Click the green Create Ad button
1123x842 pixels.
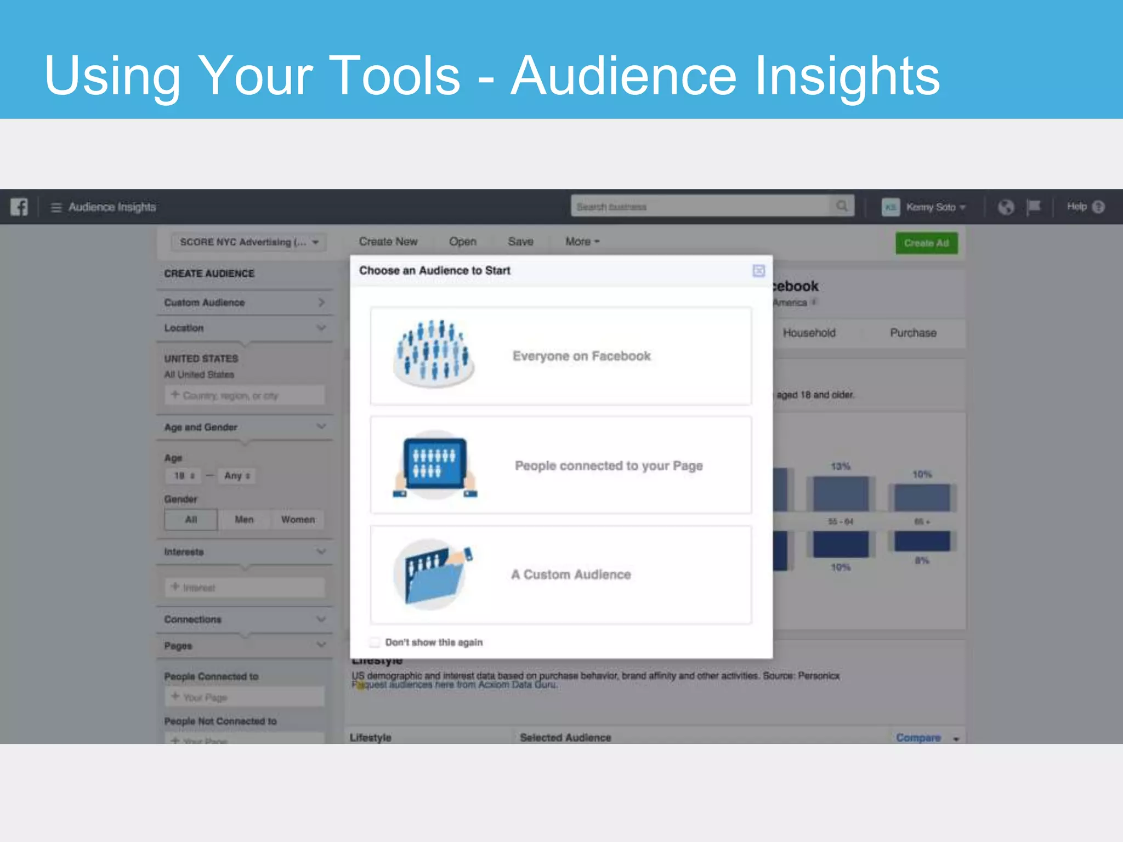tap(926, 243)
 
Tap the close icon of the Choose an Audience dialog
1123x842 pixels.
tap(758, 271)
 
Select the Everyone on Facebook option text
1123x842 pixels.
tap(581, 356)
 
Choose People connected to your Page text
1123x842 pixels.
tap(608, 466)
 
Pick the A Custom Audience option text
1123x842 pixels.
tap(571, 574)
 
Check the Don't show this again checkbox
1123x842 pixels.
tap(375, 642)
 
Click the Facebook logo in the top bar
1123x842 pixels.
tap(19, 207)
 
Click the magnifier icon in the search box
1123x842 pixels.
tap(842, 206)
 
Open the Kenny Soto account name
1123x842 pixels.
tap(931, 207)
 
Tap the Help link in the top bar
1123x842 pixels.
tap(1076, 207)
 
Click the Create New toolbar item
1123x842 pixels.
tap(388, 242)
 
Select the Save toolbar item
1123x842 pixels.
tap(520, 242)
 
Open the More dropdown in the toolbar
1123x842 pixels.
tap(582, 242)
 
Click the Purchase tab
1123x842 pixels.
tap(913, 333)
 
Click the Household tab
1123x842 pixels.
tap(809, 333)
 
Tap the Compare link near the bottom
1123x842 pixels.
tap(918, 737)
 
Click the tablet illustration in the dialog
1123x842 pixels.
tap(435, 464)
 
